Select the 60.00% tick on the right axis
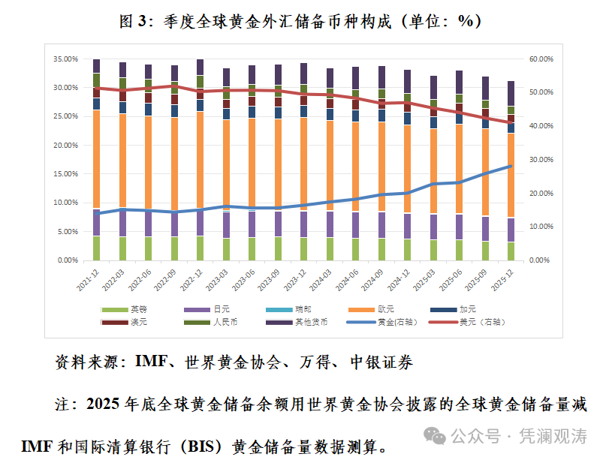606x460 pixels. [x=541, y=59]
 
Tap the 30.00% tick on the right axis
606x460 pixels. [x=541, y=160]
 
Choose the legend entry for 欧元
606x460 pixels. [x=382, y=309]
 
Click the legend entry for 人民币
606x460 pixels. [x=222, y=322]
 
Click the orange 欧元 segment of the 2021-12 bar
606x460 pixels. [x=96, y=158]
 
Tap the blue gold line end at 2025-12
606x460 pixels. [x=511, y=167]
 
